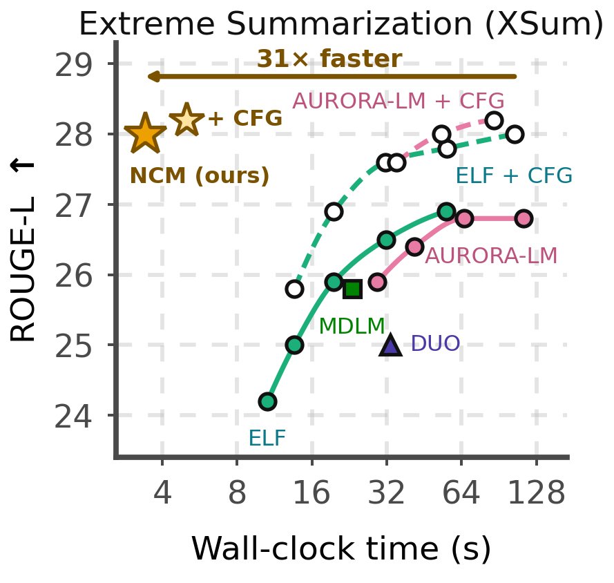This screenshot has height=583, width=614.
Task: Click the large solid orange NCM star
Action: click(145, 134)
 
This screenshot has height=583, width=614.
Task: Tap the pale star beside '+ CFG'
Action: click(186, 120)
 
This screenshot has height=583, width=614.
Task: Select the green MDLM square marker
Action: click(352, 289)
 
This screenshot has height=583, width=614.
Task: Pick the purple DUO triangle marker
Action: click(390, 345)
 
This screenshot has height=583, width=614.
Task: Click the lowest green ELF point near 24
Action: click(267, 401)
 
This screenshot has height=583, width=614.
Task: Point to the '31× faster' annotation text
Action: click(329, 59)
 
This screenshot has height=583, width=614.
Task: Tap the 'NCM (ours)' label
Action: click(200, 175)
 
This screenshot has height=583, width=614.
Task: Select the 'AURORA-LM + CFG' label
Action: click(399, 101)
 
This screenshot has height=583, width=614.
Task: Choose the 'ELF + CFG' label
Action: click(514, 175)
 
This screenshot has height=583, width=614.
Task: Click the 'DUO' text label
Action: click(435, 343)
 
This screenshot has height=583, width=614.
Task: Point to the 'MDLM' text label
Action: click(352, 326)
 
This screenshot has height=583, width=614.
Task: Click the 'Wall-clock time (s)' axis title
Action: click(341, 548)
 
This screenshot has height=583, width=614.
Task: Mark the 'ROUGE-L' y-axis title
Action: click(23, 269)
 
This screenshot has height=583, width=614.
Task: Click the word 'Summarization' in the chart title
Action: click(349, 23)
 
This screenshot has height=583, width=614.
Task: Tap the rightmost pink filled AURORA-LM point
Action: click(524, 218)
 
